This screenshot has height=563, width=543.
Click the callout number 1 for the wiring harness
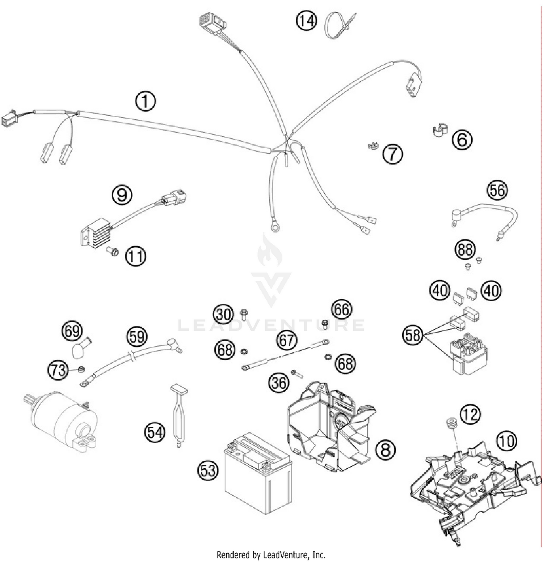tap(146, 101)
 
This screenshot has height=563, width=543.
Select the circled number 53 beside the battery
tap(208, 470)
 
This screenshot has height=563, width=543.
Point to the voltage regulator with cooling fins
tap(95, 233)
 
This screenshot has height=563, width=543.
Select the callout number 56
tap(497, 190)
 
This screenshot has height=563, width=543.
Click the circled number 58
tap(413, 335)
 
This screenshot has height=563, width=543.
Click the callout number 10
tap(506, 441)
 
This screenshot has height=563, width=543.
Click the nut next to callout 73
tap(81, 369)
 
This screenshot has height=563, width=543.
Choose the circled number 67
tap(286, 340)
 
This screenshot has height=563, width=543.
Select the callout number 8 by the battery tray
tap(385, 449)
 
